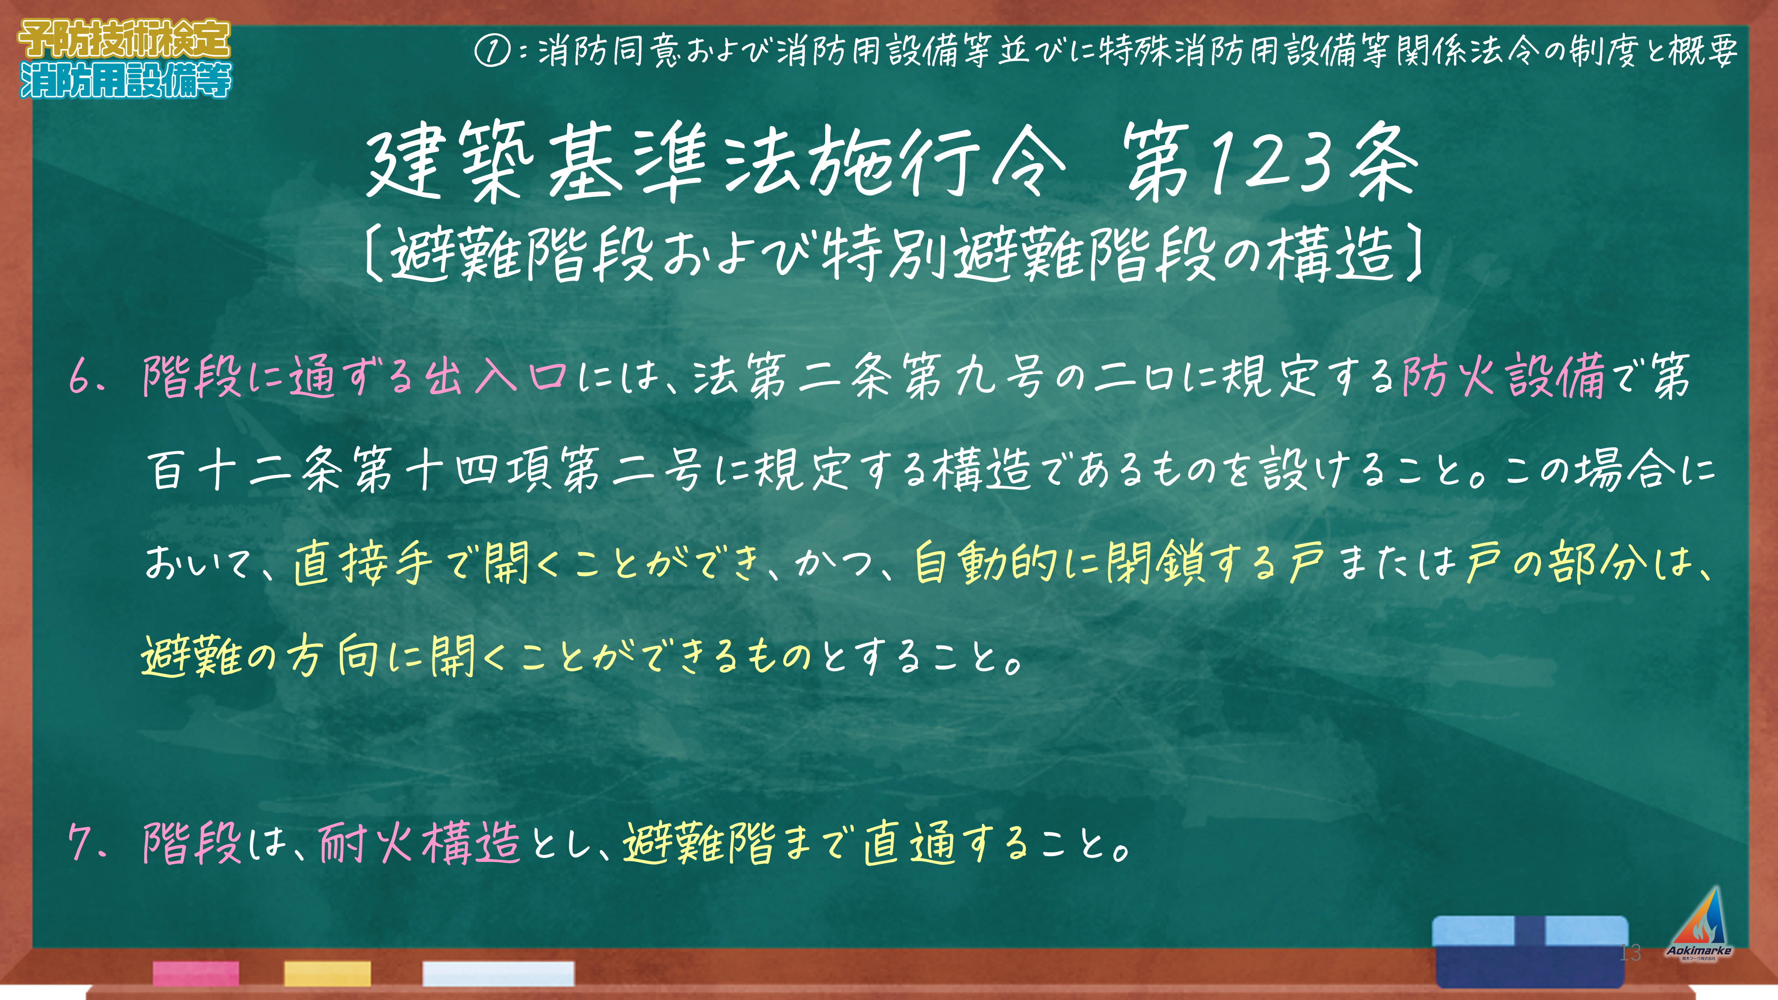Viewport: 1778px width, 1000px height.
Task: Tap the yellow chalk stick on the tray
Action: click(x=327, y=973)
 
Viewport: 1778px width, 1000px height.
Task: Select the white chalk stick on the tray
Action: click(x=498, y=973)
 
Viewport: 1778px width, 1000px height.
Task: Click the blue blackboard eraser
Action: click(x=1530, y=951)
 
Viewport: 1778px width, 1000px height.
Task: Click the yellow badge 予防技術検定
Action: click(x=124, y=39)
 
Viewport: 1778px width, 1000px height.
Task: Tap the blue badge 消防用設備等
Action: click(x=126, y=79)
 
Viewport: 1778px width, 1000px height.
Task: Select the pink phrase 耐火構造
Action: click(x=420, y=843)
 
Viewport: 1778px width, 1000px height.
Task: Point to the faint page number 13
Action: click(x=1630, y=952)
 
